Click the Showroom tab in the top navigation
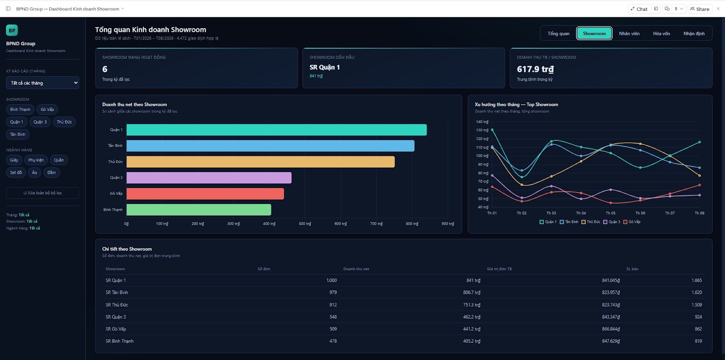pyautogui.click(x=594, y=34)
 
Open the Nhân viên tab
pyautogui.click(x=629, y=34)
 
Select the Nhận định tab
pyautogui.click(x=694, y=34)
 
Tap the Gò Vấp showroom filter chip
pyautogui.click(x=47, y=109)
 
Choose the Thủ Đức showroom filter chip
pyautogui.click(x=64, y=122)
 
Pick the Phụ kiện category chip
pyautogui.click(x=36, y=160)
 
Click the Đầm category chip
pyautogui.click(x=52, y=173)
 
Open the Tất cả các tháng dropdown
pyautogui.click(x=43, y=83)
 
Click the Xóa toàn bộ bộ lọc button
pyautogui.click(x=43, y=193)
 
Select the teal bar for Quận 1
pyautogui.click(x=276, y=130)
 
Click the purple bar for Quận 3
pyautogui.click(x=209, y=178)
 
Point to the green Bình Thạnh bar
pyautogui.click(x=199, y=210)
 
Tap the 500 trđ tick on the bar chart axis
pyautogui.click(x=304, y=224)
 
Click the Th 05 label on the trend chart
pyautogui.click(x=610, y=213)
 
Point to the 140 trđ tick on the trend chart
pyautogui.click(x=482, y=122)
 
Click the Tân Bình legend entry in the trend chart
pyautogui.click(x=569, y=222)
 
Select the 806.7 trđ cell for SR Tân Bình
pyautogui.click(x=472, y=293)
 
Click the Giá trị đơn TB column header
pyautogui.click(x=499, y=269)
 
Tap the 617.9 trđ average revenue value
pyautogui.click(x=535, y=69)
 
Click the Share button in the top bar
pyautogui.click(x=700, y=9)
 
